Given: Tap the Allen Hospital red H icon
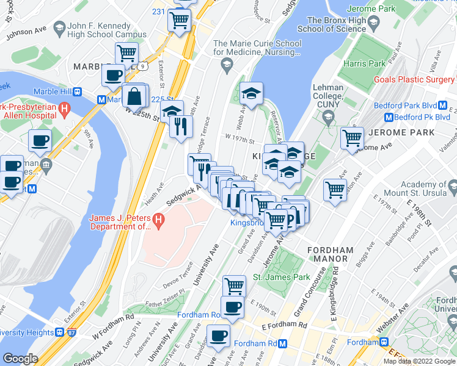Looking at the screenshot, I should tap(64, 110).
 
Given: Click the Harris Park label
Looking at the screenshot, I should tap(364, 63).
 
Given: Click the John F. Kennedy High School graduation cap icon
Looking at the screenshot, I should tap(59, 27).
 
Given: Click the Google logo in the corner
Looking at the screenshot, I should tap(20, 359).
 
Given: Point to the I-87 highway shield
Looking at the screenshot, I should tap(73, 332).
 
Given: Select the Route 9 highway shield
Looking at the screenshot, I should tap(141, 65).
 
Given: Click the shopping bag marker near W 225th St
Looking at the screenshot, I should tap(134, 97).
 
